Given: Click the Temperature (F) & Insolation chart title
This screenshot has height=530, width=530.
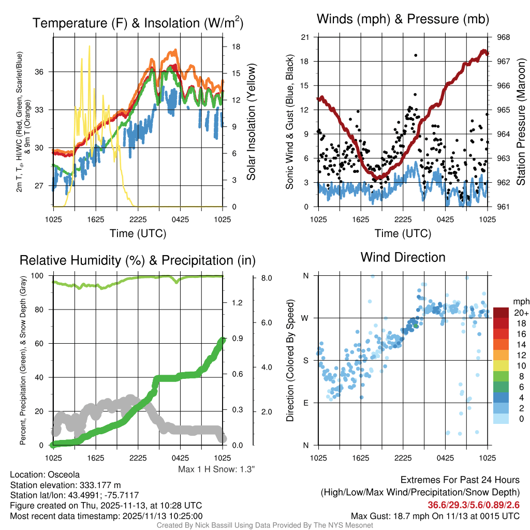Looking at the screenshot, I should [138, 23].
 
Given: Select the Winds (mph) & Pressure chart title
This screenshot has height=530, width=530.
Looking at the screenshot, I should [403, 19].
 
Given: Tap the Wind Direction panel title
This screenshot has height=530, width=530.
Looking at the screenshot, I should [403, 257].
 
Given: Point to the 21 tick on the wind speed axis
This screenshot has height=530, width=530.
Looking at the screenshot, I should [305, 37].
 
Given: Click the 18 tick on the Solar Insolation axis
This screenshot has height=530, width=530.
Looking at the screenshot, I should [235, 47].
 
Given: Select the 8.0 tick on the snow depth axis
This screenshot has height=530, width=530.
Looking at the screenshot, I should [267, 278].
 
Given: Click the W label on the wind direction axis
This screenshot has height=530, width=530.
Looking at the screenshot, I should [306, 318].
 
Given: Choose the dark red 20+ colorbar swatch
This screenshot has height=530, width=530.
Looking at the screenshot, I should [502, 313].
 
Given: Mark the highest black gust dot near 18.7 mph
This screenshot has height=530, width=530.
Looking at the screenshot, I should [416, 55].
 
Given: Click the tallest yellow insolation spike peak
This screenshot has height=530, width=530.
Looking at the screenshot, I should [90, 46].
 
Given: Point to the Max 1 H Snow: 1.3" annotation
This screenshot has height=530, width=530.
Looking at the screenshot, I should [216, 469].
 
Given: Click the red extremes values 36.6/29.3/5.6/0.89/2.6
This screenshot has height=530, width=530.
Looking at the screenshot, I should [474, 505].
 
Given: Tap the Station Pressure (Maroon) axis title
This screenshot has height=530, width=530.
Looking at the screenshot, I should [521, 122].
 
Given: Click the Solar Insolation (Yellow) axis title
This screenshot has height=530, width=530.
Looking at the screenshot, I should [252, 122].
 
